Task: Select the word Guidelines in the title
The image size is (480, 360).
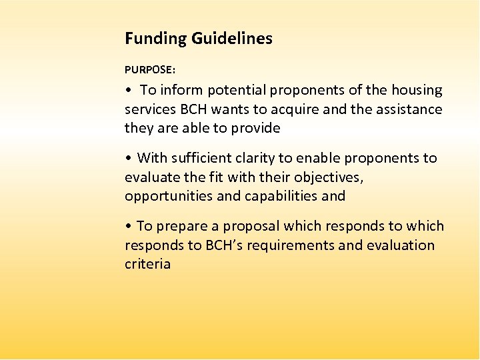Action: [x=232, y=39]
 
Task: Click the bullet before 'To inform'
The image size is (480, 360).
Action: [x=128, y=91]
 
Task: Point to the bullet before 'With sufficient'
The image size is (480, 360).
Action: [x=128, y=159]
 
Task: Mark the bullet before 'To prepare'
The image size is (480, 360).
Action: [x=128, y=227]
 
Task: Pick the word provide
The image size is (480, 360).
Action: [x=254, y=128]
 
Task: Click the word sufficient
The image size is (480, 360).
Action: [x=202, y=158]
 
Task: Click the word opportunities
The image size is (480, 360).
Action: [x=171, y=196]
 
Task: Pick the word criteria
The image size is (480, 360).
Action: [x=147, y=264]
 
